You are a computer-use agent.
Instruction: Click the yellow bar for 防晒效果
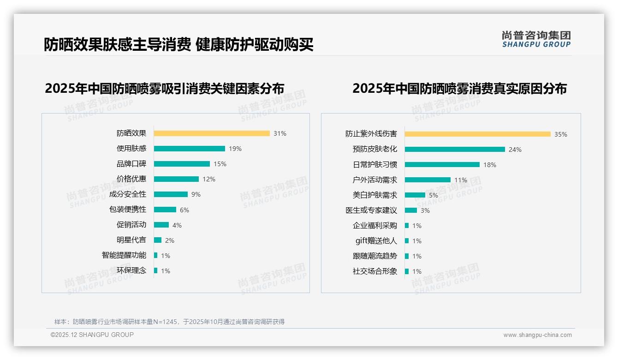[x=212, y=133]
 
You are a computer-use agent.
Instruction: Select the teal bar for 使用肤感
[x=189, y=149]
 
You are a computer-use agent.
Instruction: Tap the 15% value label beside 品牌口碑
[x=220, y=164]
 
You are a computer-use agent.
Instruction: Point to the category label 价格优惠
[x=131, y=179]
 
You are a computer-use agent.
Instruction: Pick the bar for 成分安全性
[x=171, y=194]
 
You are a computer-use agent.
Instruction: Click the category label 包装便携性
[x=128, y=210]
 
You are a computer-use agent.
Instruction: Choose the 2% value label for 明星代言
[x=169, y=240]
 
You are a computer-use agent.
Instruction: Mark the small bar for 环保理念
[x=156, y=270]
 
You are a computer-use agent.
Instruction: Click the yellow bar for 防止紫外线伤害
[x=477, y=134]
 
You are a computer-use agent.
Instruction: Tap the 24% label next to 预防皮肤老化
[x=515, y=150]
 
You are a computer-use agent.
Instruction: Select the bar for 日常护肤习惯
[x=442, y=165]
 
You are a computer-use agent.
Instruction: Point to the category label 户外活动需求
[x=375, y=180]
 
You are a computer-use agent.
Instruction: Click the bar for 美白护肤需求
[x=415, y=195]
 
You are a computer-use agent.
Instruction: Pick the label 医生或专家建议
[x=371, y=210]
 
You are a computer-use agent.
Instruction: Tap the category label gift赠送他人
[x=376, y=241]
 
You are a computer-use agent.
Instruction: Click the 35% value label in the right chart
[x=561, y=134]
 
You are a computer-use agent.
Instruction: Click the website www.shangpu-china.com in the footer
[x=537, y=335]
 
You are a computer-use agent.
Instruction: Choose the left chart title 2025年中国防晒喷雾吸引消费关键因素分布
[x=165, y=88]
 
